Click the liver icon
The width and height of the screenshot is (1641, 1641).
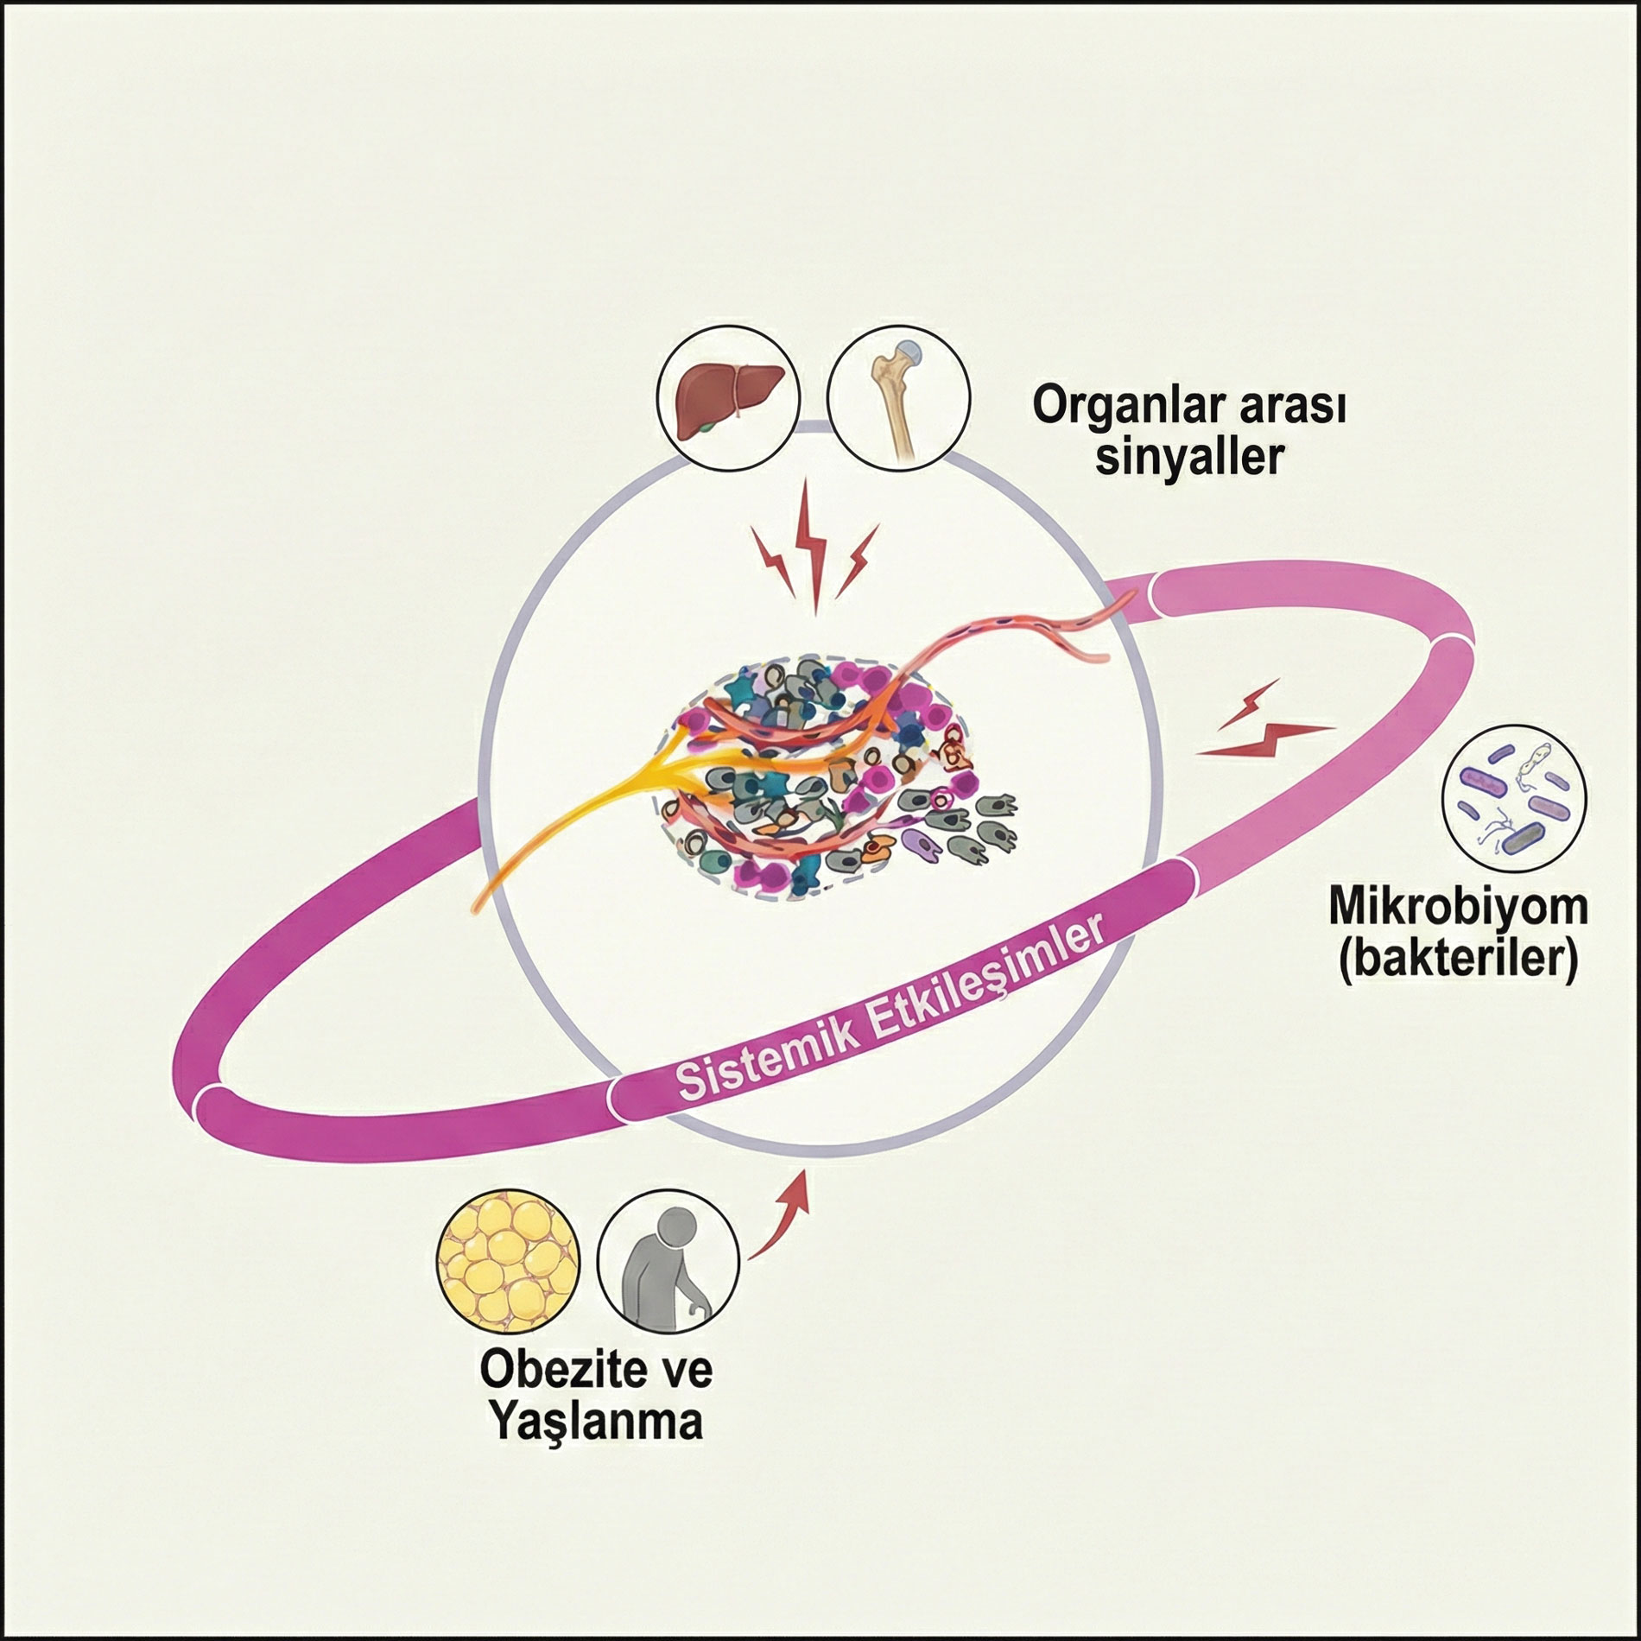point(728,399)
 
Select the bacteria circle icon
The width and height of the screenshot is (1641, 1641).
point(1515,795)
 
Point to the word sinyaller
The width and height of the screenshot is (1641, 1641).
point(1189,458)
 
